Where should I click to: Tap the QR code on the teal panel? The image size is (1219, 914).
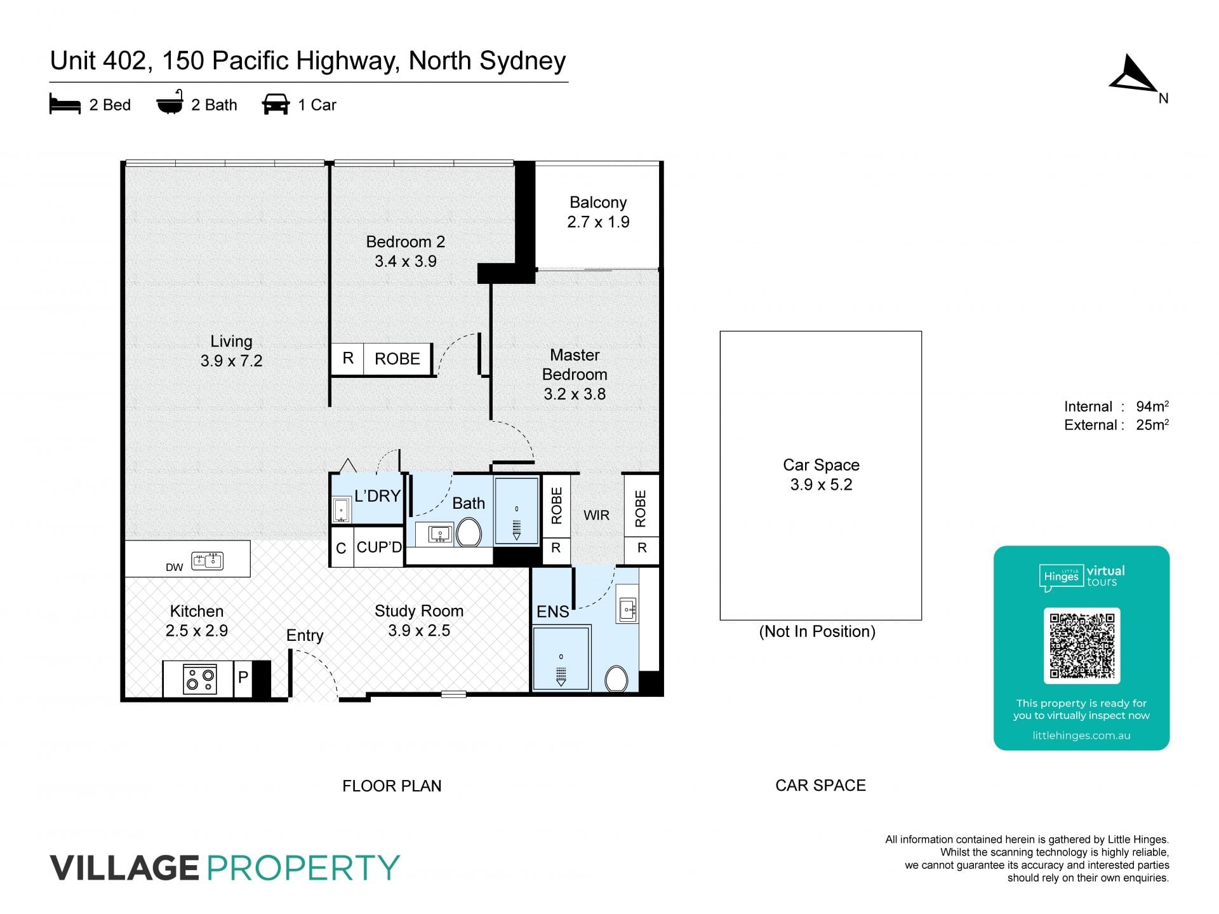coord(1082,645)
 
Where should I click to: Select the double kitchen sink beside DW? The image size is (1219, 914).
coord(208,561)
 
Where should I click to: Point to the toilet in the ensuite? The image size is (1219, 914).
coord(616,678)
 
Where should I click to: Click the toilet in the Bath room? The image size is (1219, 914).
coord(469,532)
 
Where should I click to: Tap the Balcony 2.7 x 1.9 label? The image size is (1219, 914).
coord(598,212)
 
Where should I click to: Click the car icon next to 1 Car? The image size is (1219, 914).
coord(276,104)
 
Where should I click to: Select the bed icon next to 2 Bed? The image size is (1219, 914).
coord(65,104)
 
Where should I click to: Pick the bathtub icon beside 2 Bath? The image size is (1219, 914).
coord(170,102)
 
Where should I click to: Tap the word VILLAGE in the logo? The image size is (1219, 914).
coord(124,868)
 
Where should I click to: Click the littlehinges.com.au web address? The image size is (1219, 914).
coord(1081,736)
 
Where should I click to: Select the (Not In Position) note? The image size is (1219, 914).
coord(817,631)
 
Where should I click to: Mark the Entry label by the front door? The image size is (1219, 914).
coord(305,635)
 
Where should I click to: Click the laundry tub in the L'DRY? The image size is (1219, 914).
coord(342,509)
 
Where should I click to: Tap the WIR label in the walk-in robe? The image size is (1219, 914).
coord(597,515)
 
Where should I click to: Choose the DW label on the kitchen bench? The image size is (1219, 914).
coord(175,567)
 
